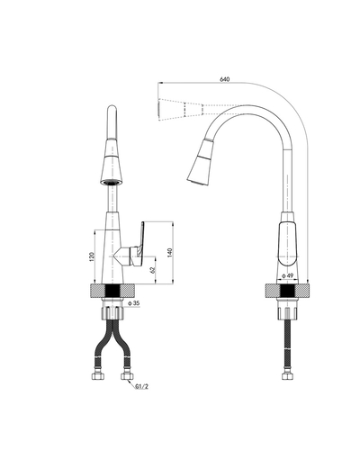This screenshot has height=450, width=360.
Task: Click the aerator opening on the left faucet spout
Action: coord(112,183)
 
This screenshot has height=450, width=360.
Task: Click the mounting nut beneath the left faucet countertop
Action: coord(112,313)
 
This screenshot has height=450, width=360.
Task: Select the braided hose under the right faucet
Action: coord(285,346)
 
